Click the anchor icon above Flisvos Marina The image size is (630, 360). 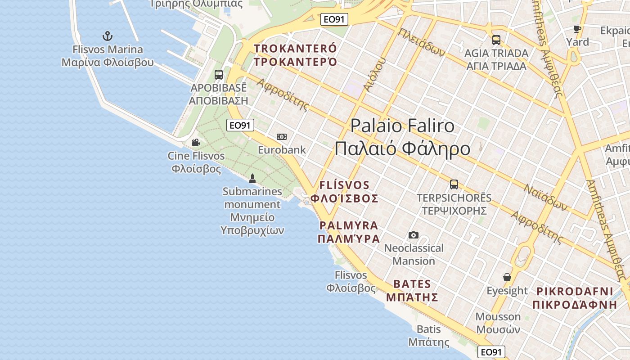point(107,36)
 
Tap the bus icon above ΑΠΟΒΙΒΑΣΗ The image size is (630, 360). point(219,75)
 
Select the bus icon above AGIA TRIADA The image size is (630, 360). point(496,40)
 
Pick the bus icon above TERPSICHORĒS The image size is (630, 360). point(454,184)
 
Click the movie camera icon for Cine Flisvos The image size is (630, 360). point(196,143)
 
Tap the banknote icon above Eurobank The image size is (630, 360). point(282,137)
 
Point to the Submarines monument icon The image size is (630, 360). point(252,178)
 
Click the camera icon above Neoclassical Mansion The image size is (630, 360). point(413,235)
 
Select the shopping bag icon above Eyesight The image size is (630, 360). point(507,277)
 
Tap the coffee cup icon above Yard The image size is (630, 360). point(577,29)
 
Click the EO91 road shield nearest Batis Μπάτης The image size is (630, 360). point(491,352)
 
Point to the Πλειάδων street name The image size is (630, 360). point(421,43)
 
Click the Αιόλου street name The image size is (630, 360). point(374,75)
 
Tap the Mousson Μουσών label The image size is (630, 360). point(498,323)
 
